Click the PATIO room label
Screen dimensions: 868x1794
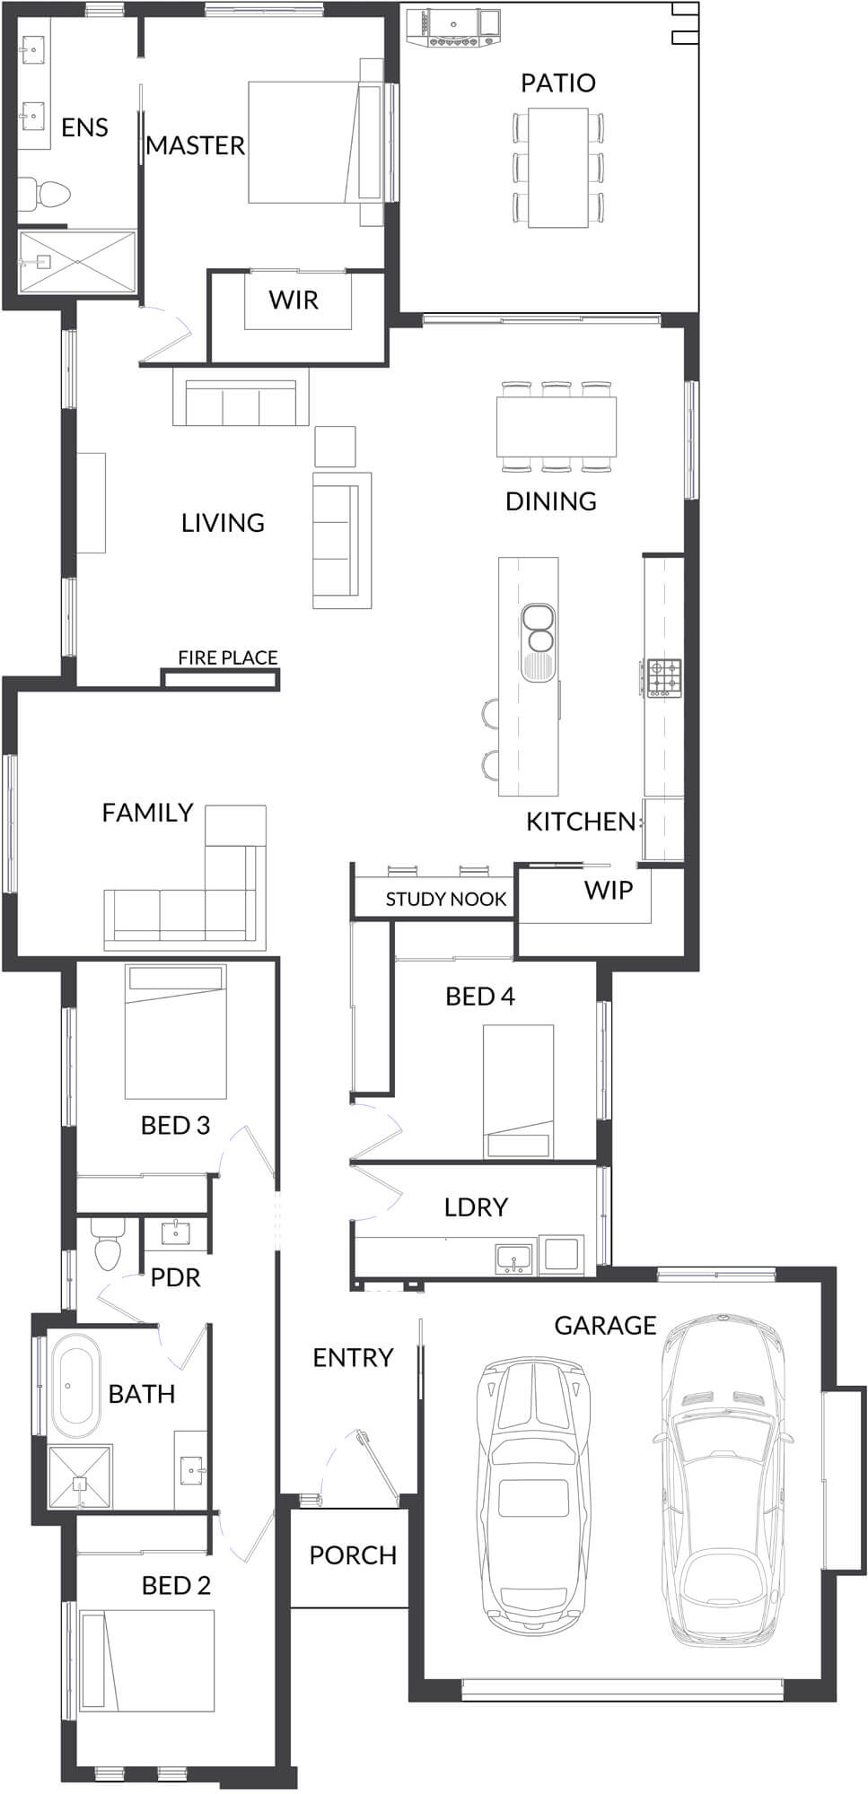point(557,83)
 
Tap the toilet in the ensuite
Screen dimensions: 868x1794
point(44,192)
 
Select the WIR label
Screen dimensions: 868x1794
point(294,300)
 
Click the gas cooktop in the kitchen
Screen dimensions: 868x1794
point(665,677)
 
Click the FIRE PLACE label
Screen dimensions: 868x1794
point(227,658)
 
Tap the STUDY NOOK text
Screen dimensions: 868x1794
point(446,899)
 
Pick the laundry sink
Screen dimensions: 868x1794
point(515,1257)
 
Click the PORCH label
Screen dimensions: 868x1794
point(353,1555)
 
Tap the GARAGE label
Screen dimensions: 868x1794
point(605,1325)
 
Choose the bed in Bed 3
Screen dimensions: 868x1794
point(175,1032)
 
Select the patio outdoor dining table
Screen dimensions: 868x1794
point(557,167)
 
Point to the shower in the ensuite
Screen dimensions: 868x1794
point(77,262)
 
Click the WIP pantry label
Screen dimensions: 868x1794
point(609,890)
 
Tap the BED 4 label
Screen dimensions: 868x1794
point(480,997)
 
